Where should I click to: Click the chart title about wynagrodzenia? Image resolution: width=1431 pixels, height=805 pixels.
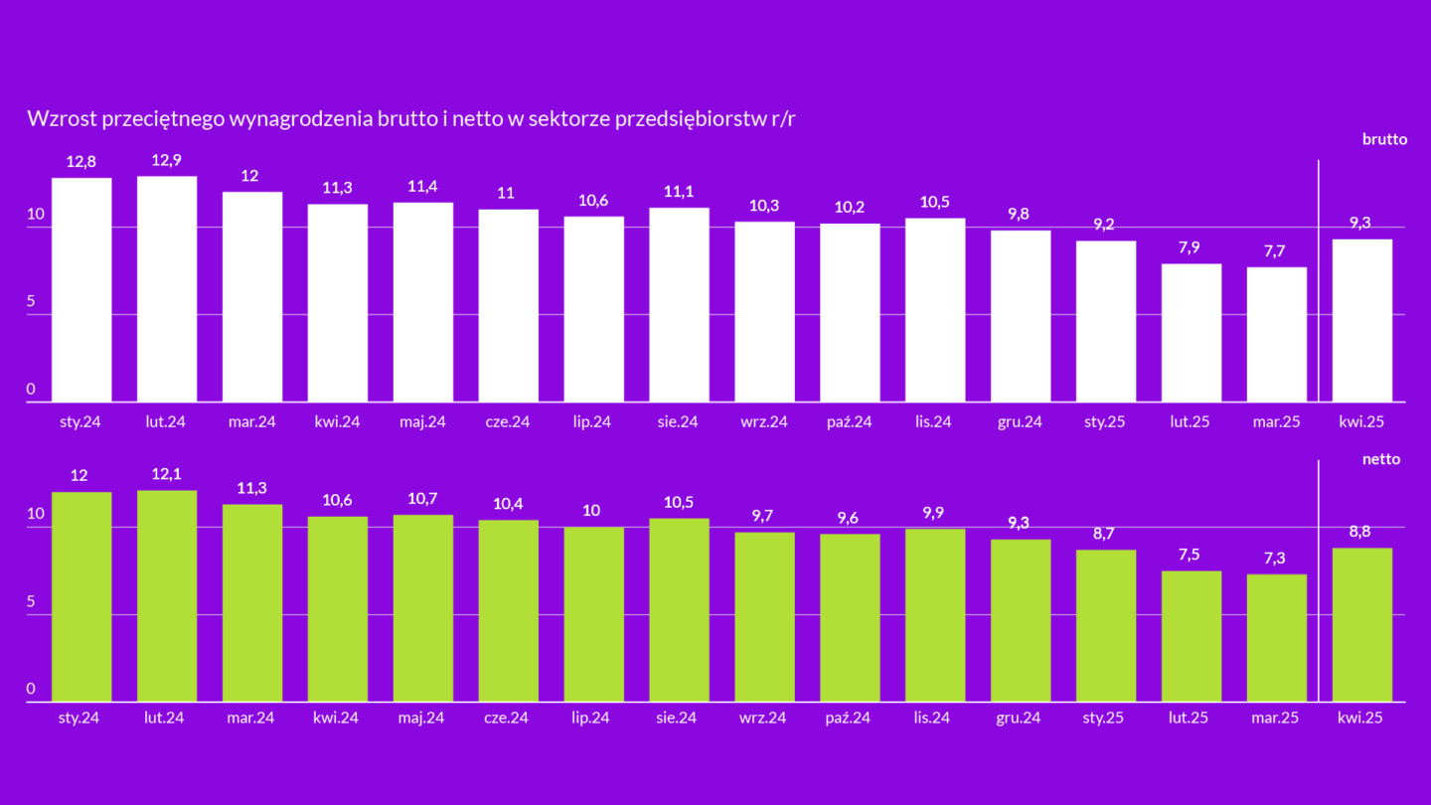pos(412,119)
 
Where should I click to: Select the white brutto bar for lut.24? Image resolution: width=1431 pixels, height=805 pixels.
pos(167,289)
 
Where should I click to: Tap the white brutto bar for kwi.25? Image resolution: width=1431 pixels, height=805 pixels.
pos(1361,320)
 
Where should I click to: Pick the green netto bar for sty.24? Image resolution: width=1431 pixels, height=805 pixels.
pos(81,596)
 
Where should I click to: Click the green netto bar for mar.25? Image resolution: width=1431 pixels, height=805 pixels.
pos(1276,637)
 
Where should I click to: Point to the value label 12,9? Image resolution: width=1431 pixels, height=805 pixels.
pos(167,159)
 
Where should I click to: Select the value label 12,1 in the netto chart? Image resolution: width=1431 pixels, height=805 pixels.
pos(167,474)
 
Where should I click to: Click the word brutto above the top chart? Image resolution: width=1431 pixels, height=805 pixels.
pos(1384,139)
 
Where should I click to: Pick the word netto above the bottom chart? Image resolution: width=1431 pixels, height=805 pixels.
pos(1381,459)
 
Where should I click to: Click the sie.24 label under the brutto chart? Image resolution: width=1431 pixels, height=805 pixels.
pos(679,421)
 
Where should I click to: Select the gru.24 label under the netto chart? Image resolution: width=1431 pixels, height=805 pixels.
pos(1020,718)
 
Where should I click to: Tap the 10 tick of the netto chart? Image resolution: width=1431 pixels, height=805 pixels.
pos(36,515)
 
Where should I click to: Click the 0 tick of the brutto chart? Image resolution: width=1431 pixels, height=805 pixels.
pos(32,390)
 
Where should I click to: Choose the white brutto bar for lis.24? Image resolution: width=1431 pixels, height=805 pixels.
pos(935,310)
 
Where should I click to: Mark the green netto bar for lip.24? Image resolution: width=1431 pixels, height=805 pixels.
pos(593,613)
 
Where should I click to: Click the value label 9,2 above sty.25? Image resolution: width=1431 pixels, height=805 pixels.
pos(1105,224)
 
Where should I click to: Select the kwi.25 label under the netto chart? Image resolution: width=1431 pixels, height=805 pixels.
pos(1360,718)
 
